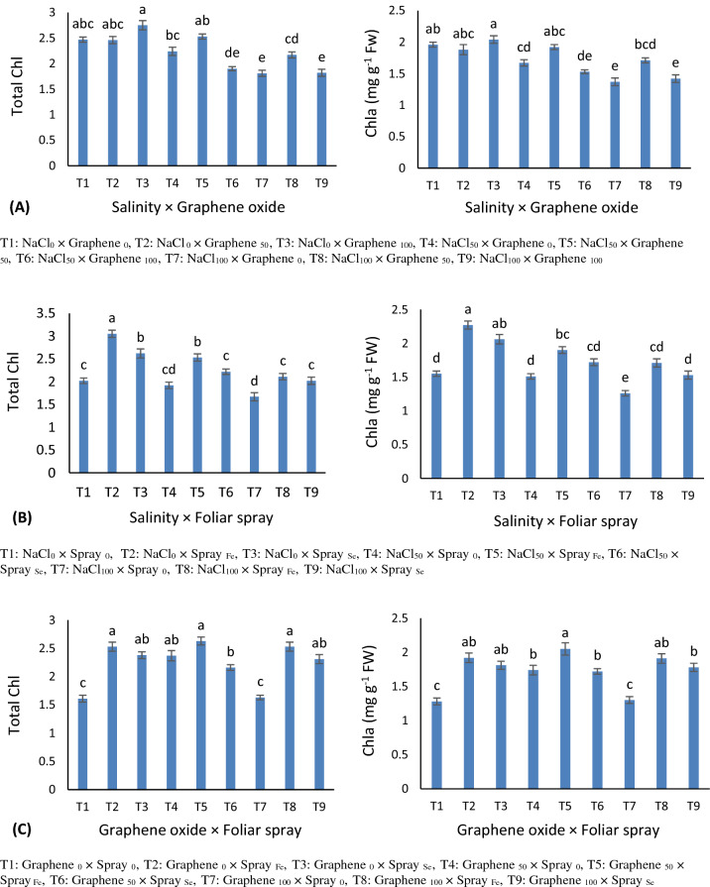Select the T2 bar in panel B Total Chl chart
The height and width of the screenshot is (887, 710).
coord(111,402)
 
